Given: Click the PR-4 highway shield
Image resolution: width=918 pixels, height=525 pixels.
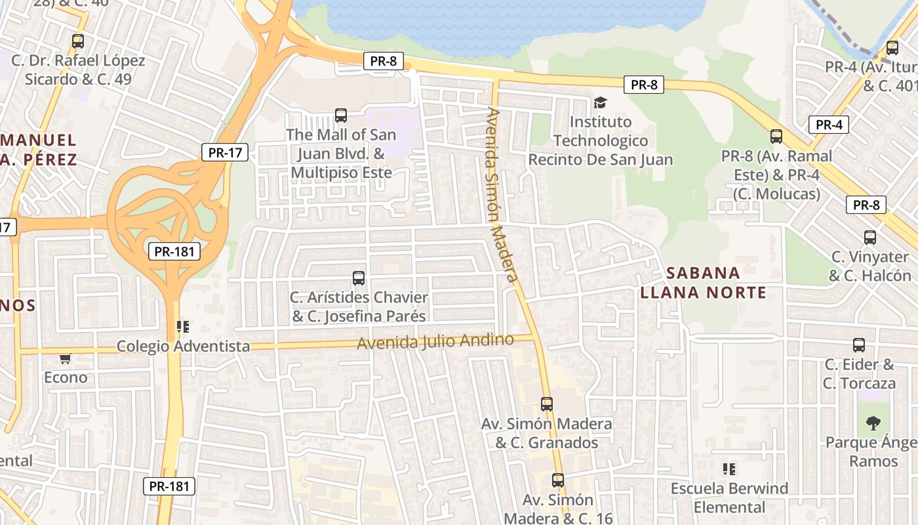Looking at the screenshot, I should click(x=829, y=125).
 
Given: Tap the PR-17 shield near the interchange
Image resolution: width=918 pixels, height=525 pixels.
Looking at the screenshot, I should click(x=224, y=153).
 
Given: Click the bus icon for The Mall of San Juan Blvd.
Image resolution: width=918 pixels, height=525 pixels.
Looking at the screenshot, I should click(x=341, y=115).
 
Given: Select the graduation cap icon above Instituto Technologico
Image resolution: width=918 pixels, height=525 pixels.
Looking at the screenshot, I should click(x=600, y=102).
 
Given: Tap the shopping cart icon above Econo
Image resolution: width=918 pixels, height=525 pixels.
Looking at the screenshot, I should click(x=65, y=358).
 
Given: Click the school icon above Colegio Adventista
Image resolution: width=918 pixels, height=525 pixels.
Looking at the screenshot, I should click(x=183, y=326).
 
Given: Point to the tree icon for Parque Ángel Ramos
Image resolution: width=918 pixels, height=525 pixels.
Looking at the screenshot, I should click(x=873, y=423).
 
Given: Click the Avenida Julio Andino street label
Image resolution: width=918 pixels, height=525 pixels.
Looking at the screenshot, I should click(x=435, y=341).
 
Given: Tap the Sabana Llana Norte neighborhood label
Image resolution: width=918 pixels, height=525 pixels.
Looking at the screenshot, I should click(x=703, y=282).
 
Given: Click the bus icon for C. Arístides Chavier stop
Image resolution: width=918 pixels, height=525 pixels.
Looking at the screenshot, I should click(x=359, y=278).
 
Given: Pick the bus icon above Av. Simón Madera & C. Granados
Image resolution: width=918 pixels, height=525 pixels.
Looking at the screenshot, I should click(x=547, y=404).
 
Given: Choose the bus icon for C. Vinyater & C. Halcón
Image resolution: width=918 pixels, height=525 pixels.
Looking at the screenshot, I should click(x=870, y=238).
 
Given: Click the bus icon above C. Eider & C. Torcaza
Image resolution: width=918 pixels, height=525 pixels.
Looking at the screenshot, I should click(x=859, y=345).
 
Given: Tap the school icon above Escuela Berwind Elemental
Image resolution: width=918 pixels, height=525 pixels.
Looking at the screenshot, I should click(x=729, y=469).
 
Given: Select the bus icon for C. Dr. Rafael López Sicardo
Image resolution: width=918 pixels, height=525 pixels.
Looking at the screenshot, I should click(x=78, y=41).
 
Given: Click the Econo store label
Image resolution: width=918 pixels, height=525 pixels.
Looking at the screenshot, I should click(x=66, y=377).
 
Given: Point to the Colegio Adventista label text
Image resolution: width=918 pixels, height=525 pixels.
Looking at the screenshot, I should click(x=183, y=346).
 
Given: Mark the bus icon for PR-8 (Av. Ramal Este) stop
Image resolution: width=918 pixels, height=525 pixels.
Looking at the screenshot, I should click(x=776, y=136).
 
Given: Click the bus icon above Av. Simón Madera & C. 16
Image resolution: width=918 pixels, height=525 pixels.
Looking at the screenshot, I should click(x=558, y=480).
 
